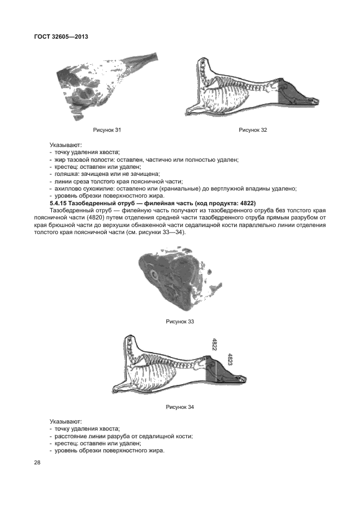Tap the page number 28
click(38, 463)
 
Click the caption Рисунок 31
click(107, 130)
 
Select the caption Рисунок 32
click(253, 130)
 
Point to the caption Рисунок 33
click(180, 321)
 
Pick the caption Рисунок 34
click(180, 407)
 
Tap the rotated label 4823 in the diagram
click(230, 359)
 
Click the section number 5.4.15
click(62, 203)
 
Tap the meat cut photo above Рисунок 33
click(180, 278)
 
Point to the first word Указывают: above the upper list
click(65, 145)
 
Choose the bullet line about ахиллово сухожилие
click(172, 188)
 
